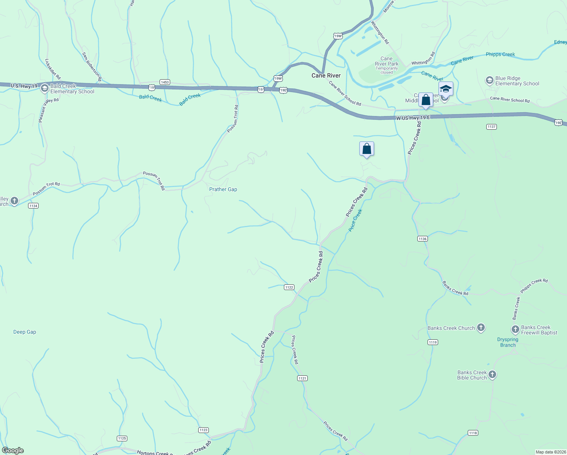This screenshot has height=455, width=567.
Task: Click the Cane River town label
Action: (326, 75)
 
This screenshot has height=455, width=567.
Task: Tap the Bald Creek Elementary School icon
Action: (45, 89)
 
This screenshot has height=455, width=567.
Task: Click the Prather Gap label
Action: (223, 189)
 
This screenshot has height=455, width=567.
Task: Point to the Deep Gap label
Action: (25, 332)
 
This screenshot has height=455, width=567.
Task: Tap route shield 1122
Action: (289, 287)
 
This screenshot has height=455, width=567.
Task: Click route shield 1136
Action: (423, 238)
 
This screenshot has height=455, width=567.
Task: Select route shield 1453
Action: (164, 82)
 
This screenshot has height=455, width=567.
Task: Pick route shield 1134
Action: (33, 206)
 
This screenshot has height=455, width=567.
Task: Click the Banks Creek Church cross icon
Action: (481, 328)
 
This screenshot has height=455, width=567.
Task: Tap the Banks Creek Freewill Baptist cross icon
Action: (515, 329)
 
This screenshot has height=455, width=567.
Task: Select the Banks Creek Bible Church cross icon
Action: (492, 375)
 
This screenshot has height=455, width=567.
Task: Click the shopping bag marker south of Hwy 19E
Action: (367, 149)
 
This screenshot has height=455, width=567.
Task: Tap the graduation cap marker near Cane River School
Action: (446, 89)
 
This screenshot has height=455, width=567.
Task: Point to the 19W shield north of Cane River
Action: (338, 36)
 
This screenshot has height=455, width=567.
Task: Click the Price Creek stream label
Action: (355, 220)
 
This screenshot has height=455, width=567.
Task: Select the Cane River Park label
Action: (386, 61)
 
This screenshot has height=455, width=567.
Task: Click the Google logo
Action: (13, 450)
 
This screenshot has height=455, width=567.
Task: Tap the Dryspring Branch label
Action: (507, 342)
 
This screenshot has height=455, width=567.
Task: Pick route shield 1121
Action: (302, 378)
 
